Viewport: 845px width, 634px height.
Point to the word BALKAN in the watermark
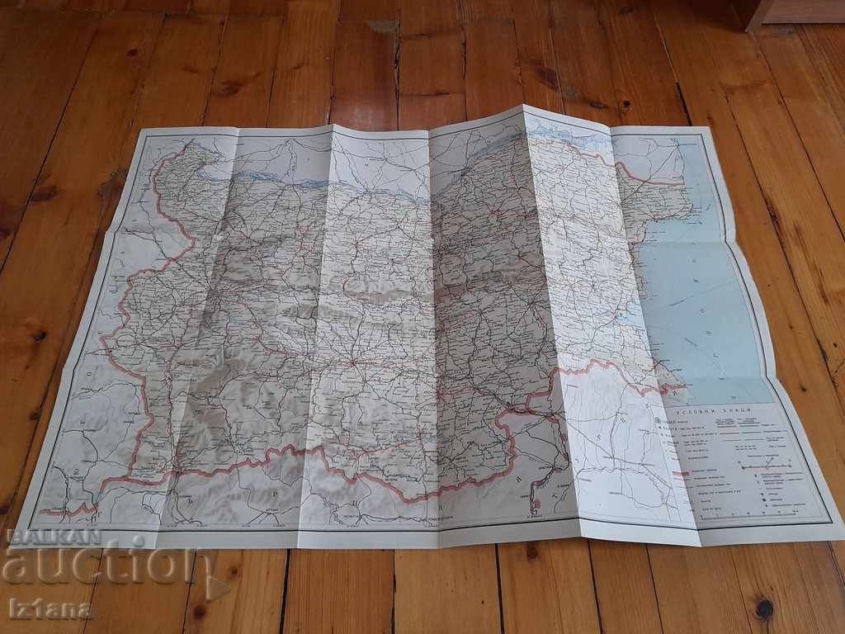[x=51, y=537]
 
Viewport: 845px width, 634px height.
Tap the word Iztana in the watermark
[x=50, y=610]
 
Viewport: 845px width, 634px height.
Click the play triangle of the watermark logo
[x=216, y=585]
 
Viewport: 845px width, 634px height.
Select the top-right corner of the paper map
[x=711, y=127]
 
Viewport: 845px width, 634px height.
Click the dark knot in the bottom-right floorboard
[x=764, y=608]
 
